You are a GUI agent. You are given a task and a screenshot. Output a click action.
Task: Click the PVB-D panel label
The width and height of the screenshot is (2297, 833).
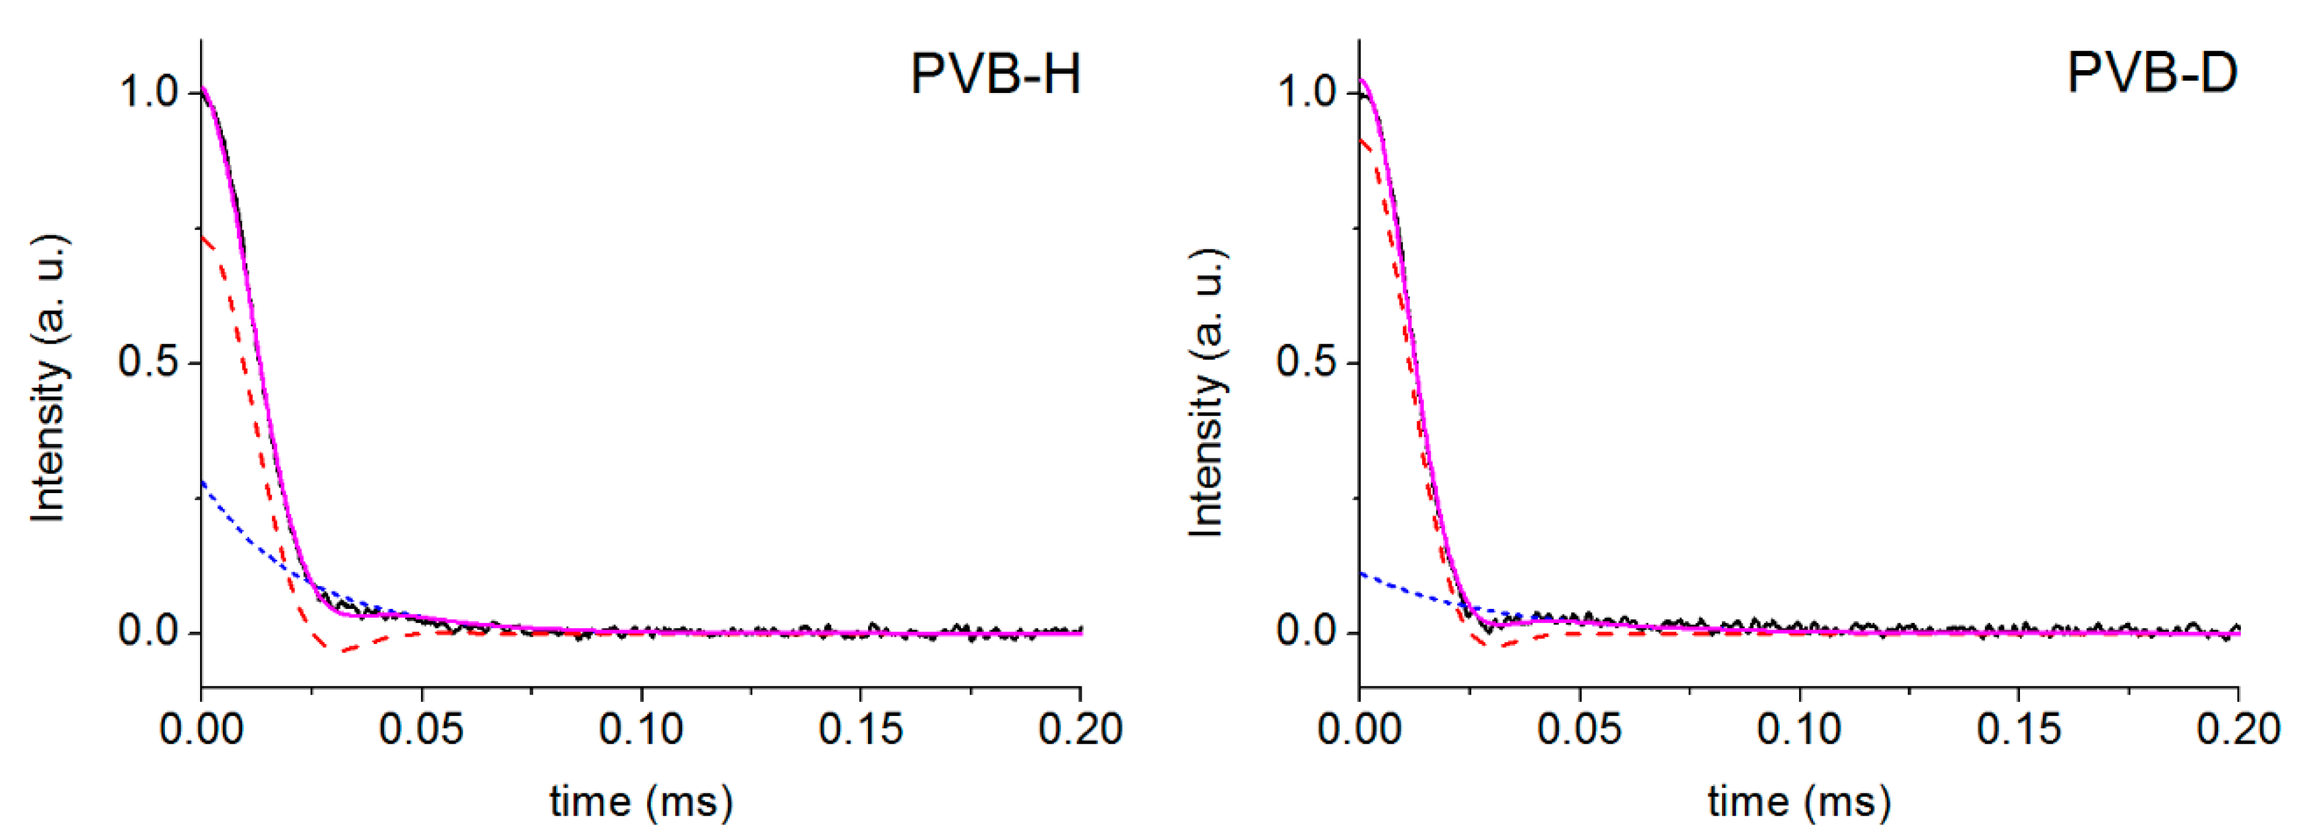2152,73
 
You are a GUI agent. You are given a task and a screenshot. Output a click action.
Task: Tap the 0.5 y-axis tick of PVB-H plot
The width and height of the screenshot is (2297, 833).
149,362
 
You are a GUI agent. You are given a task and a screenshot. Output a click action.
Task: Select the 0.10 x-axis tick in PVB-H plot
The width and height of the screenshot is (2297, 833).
641,730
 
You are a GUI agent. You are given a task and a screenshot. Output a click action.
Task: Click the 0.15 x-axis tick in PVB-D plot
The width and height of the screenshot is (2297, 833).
2019,730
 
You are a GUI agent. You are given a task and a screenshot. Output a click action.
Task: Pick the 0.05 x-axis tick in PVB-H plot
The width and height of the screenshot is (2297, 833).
421,730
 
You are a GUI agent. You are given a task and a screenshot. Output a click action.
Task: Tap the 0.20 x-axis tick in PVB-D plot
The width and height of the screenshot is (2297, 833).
2238,730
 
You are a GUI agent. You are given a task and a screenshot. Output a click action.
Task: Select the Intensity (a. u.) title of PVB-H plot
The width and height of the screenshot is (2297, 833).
49,378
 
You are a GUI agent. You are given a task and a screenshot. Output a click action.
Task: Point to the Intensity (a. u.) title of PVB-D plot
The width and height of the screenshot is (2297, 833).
1207,392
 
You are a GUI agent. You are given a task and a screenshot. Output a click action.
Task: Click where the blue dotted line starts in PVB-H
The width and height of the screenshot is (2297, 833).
203,483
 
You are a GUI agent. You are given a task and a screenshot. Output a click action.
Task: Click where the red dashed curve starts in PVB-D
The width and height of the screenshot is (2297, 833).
1361,139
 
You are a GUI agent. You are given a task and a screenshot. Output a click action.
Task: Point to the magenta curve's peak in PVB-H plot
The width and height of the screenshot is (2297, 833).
203,87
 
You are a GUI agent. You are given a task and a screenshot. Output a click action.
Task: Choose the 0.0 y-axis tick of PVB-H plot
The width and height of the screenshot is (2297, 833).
149,632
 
